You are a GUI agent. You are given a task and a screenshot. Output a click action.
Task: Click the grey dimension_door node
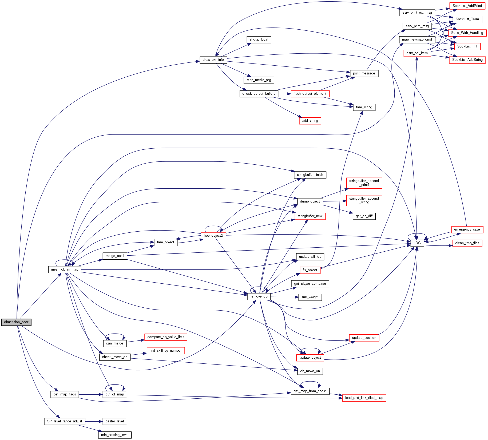click(x=16, y=322)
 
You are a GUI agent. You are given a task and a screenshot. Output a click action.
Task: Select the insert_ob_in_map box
click(x=65, y=269)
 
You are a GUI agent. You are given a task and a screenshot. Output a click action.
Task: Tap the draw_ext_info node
click(x=213, y=60)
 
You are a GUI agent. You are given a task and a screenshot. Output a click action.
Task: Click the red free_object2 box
click(x=213, y=236)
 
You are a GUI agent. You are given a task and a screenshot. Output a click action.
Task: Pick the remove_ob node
click(x=259, y=296)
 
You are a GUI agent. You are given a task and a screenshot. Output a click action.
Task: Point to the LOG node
click(x=417, y=243)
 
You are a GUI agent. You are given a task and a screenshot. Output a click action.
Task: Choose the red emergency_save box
click(x=467, y=229)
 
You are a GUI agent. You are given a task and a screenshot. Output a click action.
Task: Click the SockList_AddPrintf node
click(x=467, y=6)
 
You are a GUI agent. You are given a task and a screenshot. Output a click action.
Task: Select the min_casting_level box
click(x=115, y=435)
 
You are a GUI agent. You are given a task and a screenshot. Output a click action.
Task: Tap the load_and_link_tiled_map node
click(x=364, y=398)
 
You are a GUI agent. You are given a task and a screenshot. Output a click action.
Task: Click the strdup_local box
click(x=259, y=40)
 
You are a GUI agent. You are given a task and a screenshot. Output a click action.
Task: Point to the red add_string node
click(x=310, y=121)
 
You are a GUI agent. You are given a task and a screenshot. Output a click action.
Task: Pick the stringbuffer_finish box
click(x=310, y=175)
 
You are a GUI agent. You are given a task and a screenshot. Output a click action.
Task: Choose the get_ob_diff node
click(x=364, y=216)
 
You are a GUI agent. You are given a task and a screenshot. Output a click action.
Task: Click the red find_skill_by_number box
click(x=165, y=351)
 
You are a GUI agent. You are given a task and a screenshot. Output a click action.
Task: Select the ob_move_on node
click(x=310, y=371)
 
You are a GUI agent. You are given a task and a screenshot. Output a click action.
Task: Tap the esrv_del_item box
click(x=417, y=53)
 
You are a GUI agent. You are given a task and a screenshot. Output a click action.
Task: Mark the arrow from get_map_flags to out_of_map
click(x=91, y=394)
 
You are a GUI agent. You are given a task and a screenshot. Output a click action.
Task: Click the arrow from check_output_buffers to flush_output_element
click(x=284, y=94)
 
